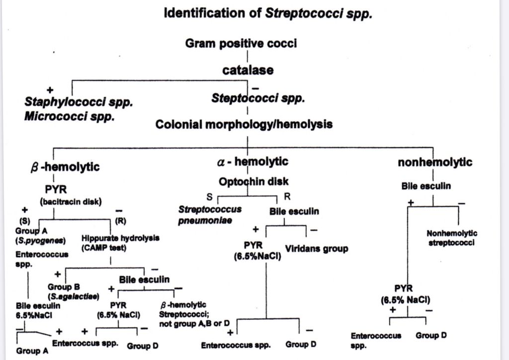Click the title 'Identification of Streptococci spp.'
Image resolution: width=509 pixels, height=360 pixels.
click(x=268, y=13)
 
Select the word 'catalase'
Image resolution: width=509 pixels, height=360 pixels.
click(x=248, y=70)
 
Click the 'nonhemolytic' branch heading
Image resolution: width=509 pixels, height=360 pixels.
click(x=435, y=162)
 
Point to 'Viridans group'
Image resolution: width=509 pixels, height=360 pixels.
click(x=316, y=248)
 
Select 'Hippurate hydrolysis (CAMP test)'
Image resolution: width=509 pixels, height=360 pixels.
click(x=120, y=242)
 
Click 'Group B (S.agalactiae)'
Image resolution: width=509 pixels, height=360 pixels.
click(x=73, y=291)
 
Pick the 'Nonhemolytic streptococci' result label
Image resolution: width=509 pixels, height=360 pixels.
click(x=452, y=238)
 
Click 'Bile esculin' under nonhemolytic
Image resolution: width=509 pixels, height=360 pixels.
click(x=426, y=186)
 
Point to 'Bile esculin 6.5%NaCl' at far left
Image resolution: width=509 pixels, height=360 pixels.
click(x=35, y=310)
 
